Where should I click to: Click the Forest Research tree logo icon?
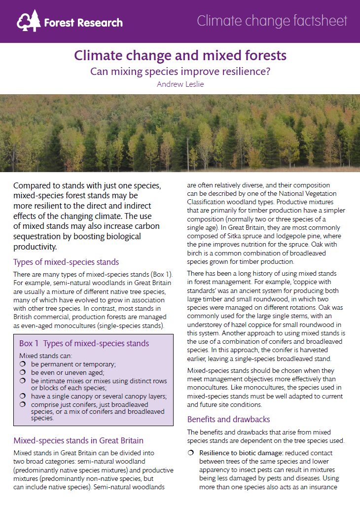coord(28,21)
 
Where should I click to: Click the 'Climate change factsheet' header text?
coord(272,21)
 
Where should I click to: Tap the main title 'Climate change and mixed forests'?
coord(180,55)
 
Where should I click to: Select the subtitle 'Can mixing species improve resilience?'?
coord(180,71)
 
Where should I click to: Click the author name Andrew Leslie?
coord(180,84)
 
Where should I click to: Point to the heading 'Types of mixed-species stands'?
coord(66,262)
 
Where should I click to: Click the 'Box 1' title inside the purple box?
coord(84,343)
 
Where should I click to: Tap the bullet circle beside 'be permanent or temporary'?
coord(22,364)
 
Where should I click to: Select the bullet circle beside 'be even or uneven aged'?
coord(22,373)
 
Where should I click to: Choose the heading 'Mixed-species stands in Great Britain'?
coord(78,440)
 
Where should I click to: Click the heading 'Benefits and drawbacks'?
coord(228,420)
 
